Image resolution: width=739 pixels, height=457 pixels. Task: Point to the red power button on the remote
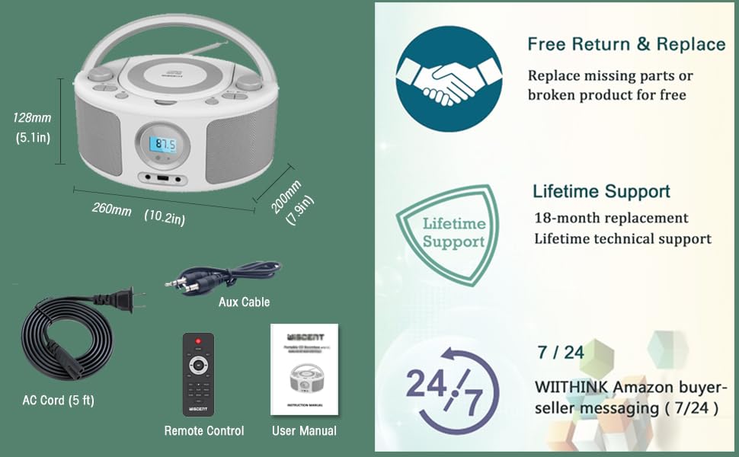click(198, 340)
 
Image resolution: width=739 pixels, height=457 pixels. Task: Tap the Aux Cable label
click(244, 302)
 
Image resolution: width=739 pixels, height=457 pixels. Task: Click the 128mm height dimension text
click(32, 118)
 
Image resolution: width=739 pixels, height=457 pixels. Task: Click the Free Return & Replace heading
click(626, 44)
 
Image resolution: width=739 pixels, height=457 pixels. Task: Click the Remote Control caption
click(204, 431)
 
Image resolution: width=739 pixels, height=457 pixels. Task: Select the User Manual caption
click(304, 431)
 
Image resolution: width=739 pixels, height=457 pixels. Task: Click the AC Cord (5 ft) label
click(58, 400)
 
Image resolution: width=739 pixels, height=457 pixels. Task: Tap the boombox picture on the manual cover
click(304, 377)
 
